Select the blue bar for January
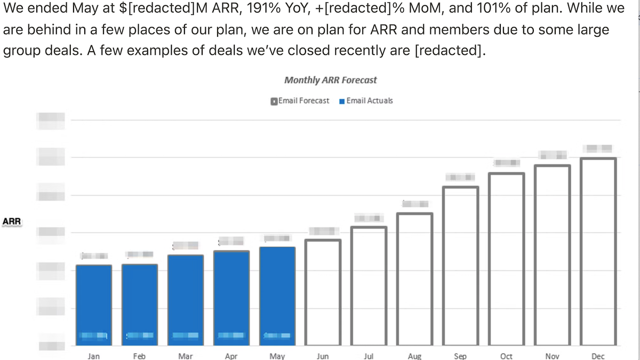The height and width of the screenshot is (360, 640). pos(94,304)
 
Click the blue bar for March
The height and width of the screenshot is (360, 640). pos(186,299)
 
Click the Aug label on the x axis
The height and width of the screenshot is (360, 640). pos(414,356)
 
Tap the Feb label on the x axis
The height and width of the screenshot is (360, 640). pos(139,356)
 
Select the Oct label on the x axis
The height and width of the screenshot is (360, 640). pos(507,356)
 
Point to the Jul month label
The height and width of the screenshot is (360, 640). pos(369,356)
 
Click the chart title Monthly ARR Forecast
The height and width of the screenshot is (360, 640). pos(330,80)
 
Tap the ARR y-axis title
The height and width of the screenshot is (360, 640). pos(12,221)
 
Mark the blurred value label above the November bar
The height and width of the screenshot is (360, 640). pos(552,155)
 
